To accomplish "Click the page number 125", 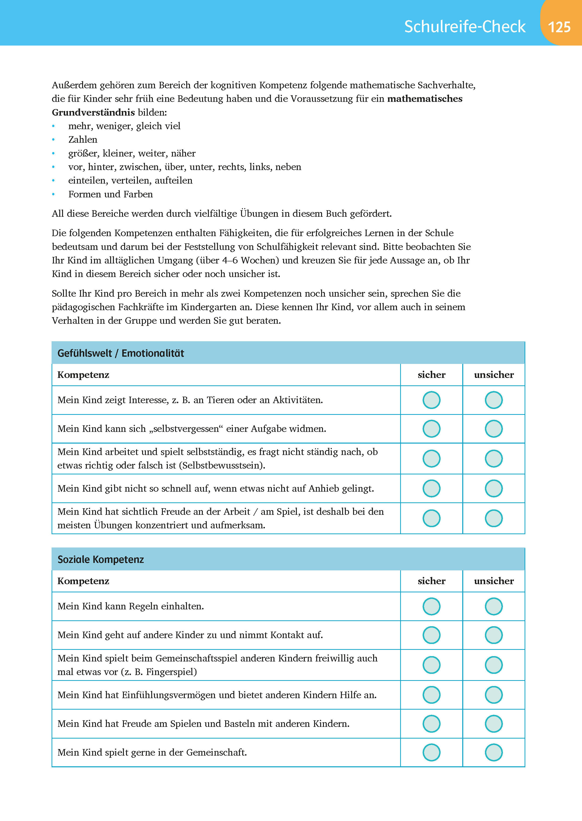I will click(559, 27).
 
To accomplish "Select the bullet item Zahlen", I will click(83, 139).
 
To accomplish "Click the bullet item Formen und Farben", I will click(110, 194).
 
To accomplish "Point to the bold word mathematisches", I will click(425, 99).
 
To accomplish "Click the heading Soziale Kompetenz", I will click(101, 560).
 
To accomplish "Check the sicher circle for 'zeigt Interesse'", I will click(431, 400).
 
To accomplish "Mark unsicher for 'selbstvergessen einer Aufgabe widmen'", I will click(494, 429).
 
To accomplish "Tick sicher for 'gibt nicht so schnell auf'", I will click(431, 488).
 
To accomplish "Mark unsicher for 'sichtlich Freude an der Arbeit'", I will click(494, 518).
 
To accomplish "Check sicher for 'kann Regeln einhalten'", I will click(431, 606).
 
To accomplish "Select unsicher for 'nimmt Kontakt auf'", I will click(494, 635).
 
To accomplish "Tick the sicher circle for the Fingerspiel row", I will click(431, 665).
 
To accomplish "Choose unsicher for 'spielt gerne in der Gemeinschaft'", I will click(494, 752).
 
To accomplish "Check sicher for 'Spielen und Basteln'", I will click(431, 723).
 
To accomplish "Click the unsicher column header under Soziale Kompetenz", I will click(494, 581).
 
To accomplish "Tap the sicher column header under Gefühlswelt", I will click(431, 375).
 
